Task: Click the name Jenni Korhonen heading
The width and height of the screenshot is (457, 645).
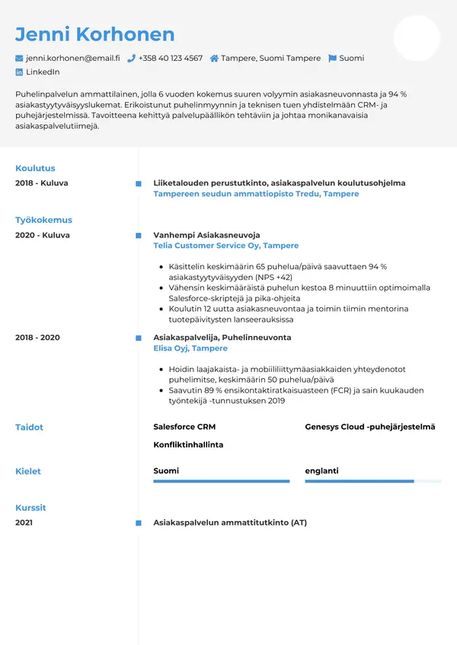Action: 94,34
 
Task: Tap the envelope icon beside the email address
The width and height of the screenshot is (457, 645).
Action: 19,59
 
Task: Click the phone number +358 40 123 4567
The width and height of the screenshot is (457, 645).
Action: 171,58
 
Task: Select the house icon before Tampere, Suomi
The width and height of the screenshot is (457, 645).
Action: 215,59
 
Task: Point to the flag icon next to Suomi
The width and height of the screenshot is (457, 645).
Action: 332,59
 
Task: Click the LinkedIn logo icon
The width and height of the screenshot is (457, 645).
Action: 19,72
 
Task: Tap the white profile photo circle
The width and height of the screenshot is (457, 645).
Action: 417,38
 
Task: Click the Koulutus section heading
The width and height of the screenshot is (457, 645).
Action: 35,168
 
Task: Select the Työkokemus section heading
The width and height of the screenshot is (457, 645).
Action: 43,220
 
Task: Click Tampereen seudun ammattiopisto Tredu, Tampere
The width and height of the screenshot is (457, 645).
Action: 256,194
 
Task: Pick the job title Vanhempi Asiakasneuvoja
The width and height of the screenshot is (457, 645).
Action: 206,235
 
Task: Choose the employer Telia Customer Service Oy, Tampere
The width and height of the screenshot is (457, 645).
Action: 225,246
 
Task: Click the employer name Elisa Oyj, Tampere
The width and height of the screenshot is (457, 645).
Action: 190,348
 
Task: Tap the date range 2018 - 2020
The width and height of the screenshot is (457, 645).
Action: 37,337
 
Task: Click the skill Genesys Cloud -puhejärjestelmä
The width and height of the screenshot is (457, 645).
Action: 369,427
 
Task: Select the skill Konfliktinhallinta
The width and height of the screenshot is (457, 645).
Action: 188,444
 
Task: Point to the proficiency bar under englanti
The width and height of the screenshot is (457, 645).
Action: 372,481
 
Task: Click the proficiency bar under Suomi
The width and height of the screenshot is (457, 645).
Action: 221,481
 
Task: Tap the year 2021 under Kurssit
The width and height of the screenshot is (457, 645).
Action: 24,523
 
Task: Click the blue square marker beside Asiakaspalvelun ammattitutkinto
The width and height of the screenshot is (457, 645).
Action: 138,523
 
